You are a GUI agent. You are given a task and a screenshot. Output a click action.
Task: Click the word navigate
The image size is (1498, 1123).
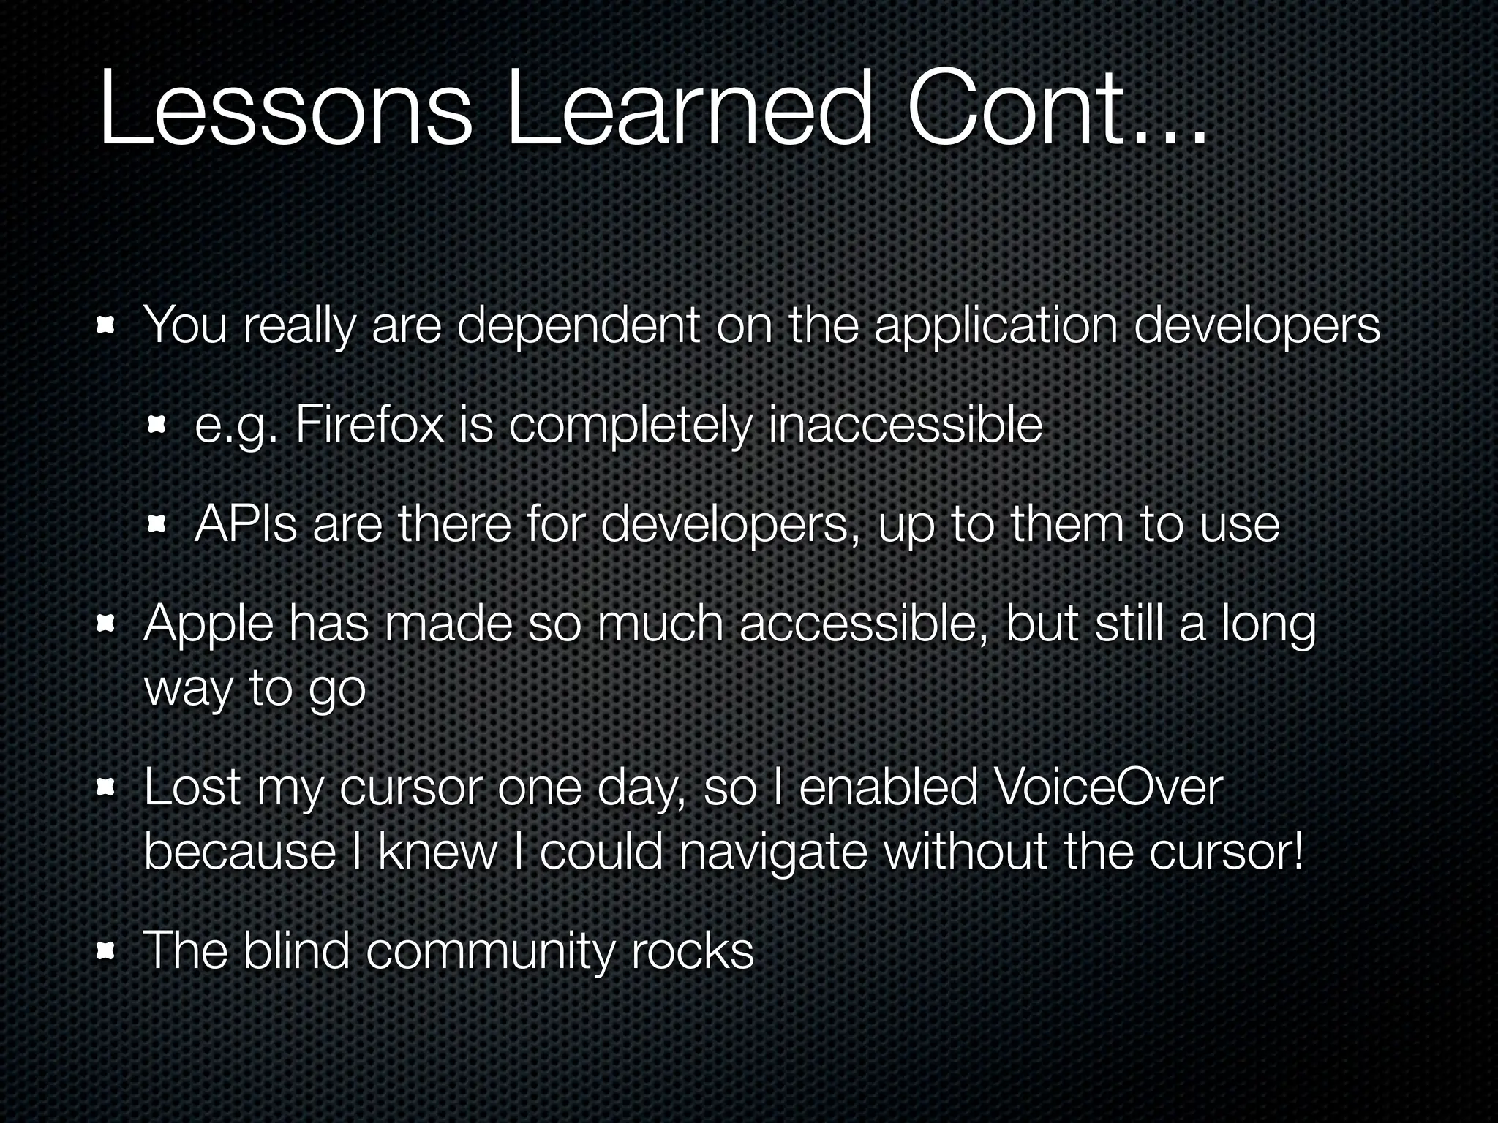(773, 852)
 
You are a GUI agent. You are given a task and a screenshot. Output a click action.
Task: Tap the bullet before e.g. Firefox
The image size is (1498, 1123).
(158, 426)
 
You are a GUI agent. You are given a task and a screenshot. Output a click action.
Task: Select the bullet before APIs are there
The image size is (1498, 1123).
(158, 524)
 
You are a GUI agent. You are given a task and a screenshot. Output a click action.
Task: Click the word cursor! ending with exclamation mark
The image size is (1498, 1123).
(1226, 852)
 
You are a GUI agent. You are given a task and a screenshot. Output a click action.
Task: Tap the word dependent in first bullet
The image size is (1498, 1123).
(579, 326)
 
